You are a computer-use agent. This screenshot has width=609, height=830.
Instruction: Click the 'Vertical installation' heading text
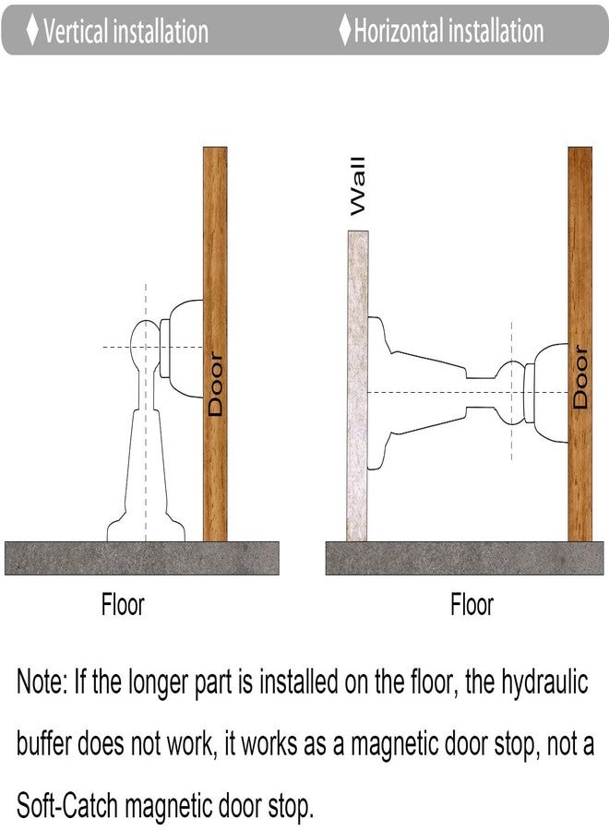click(126, 31)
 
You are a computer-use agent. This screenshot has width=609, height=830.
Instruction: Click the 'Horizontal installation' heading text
click(448, 30)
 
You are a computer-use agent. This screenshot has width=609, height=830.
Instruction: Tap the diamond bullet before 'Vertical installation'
click(32, 30)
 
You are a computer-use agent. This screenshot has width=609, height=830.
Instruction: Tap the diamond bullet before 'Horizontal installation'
click(345, 30)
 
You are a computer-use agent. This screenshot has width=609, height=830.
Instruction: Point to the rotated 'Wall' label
click(358, 185)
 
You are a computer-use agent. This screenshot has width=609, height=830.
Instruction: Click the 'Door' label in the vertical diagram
click(216, 384)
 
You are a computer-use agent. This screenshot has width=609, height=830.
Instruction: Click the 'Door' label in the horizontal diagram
click(580, 377)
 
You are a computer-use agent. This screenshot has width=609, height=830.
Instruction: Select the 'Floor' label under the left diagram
click(123, 604)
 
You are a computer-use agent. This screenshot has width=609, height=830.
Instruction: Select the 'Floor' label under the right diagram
click(472, 604)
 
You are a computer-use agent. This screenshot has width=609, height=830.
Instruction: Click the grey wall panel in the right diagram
click(357, 385)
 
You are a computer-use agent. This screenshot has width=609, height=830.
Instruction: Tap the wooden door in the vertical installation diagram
click(215, 344)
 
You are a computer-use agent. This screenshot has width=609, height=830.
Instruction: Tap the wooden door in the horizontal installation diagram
click(579, 344)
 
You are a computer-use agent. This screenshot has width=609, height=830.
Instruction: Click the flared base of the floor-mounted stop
click(146, 527)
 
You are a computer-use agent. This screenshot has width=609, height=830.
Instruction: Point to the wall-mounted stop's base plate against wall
click(380, 393)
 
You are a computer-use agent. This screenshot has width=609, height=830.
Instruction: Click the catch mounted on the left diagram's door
click(181, 349)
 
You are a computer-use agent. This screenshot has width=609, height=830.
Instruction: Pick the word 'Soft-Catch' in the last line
click(66, 805)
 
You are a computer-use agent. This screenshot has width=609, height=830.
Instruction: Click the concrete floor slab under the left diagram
click(142, 558)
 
